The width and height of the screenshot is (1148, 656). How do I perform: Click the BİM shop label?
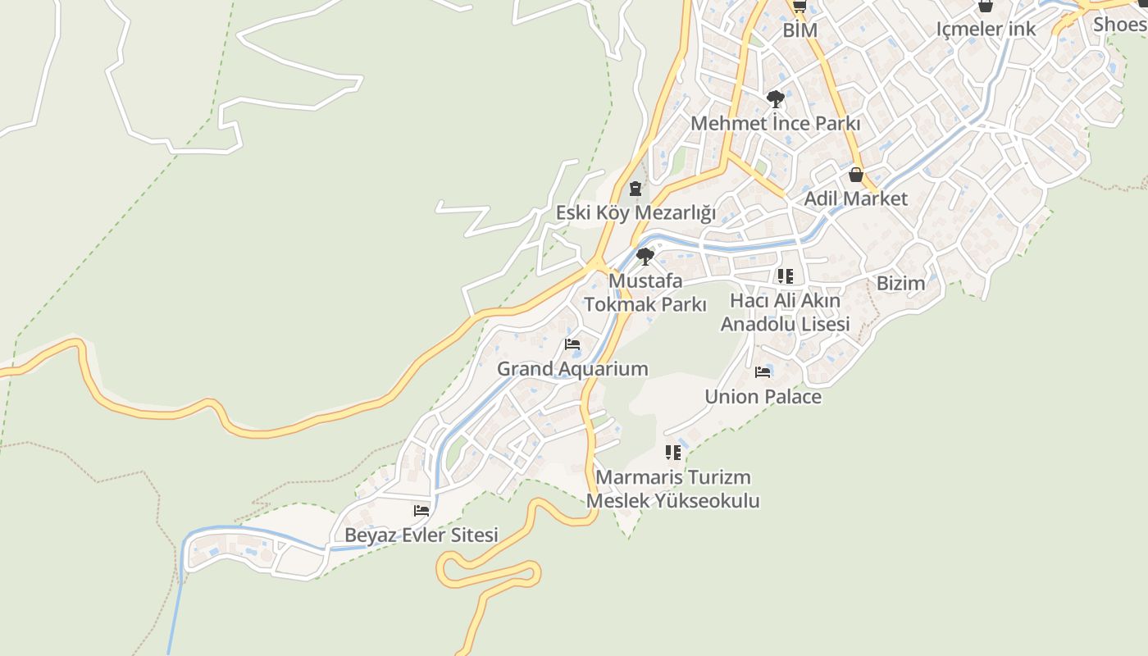(x=800, y=30)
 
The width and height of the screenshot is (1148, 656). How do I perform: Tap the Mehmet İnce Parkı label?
(x=775, y=124)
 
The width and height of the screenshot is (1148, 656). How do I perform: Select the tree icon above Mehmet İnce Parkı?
(x=775, y=100)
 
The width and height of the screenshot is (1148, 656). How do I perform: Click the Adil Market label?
(x=855, y=198)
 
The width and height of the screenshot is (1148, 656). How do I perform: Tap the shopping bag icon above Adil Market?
(x=856, y=175)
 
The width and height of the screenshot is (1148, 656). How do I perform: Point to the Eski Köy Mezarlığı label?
(x=635, y=213)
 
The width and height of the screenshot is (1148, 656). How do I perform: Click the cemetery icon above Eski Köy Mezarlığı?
(x=635, y=189)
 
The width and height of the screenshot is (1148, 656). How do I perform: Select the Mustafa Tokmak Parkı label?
(x=645, y=293)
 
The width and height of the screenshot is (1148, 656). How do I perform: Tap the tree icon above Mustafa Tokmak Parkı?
(x=645, y=257)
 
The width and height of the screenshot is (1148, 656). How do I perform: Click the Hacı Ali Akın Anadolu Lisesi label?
(x=785, y=312)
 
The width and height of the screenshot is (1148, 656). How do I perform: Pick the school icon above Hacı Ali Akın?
(x=785, y=276)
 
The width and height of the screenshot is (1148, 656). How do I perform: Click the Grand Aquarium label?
(x=572, y=369)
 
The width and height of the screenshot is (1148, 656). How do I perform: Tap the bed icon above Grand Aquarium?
(x=572, y=344)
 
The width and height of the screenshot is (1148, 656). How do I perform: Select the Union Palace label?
(x=763, y=397)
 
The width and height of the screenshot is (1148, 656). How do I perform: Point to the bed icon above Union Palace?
(x=763, y=372)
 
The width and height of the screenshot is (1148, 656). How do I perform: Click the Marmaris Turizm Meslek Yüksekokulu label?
(x=673, y=489)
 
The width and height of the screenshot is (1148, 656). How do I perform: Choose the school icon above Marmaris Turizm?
(x=673, y=453)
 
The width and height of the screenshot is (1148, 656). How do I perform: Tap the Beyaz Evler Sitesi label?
(x=421, y=535)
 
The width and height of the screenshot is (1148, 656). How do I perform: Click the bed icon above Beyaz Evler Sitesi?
(x=421, y=511)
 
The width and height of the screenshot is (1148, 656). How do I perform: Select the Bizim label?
(x=900, y=284)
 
